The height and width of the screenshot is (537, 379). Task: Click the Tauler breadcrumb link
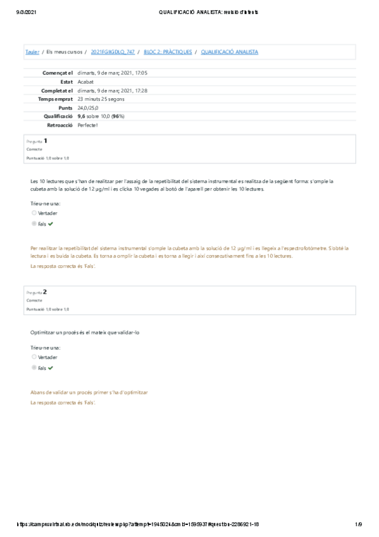(x=32, y=51)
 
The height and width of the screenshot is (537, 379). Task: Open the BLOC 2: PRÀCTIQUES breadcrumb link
(x=168, y=51)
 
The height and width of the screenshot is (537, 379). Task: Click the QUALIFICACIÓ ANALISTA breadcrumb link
(x=229, y=51)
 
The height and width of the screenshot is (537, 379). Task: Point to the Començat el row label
(x=58, y=73)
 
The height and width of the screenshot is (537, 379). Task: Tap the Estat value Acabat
(x=85, y=82)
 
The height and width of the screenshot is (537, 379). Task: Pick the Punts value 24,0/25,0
(x=88, y=108)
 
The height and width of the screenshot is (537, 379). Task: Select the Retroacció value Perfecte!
(x=89, y=126)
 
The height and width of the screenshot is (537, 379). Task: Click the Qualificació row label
(x=58, y=117)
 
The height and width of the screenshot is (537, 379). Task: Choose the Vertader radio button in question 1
(x=34, y=213)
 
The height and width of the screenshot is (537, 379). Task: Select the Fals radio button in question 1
(x=34, y=224)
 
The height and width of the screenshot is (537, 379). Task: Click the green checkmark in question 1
(x=51, y=224)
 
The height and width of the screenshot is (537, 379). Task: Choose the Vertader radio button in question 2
(x=34, y=357)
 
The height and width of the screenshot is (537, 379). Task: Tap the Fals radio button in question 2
(x=34, y=367)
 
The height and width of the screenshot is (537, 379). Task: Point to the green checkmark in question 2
(x=51, y=367)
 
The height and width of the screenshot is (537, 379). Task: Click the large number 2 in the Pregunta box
(x=45, y=292)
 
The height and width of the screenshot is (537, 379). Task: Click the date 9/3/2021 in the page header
(x=24, y=12)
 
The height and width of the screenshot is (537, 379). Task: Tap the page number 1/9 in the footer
(x=358, y=524)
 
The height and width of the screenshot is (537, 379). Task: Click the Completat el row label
(x=58, y=91)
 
